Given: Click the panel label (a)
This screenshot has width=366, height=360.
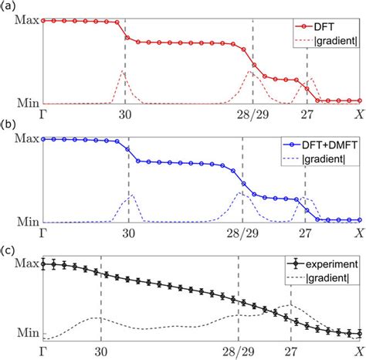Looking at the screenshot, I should pyautogui.click(x=8, y=6).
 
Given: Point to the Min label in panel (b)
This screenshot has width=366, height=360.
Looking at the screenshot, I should pyautogui.click(x=28, y=222).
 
